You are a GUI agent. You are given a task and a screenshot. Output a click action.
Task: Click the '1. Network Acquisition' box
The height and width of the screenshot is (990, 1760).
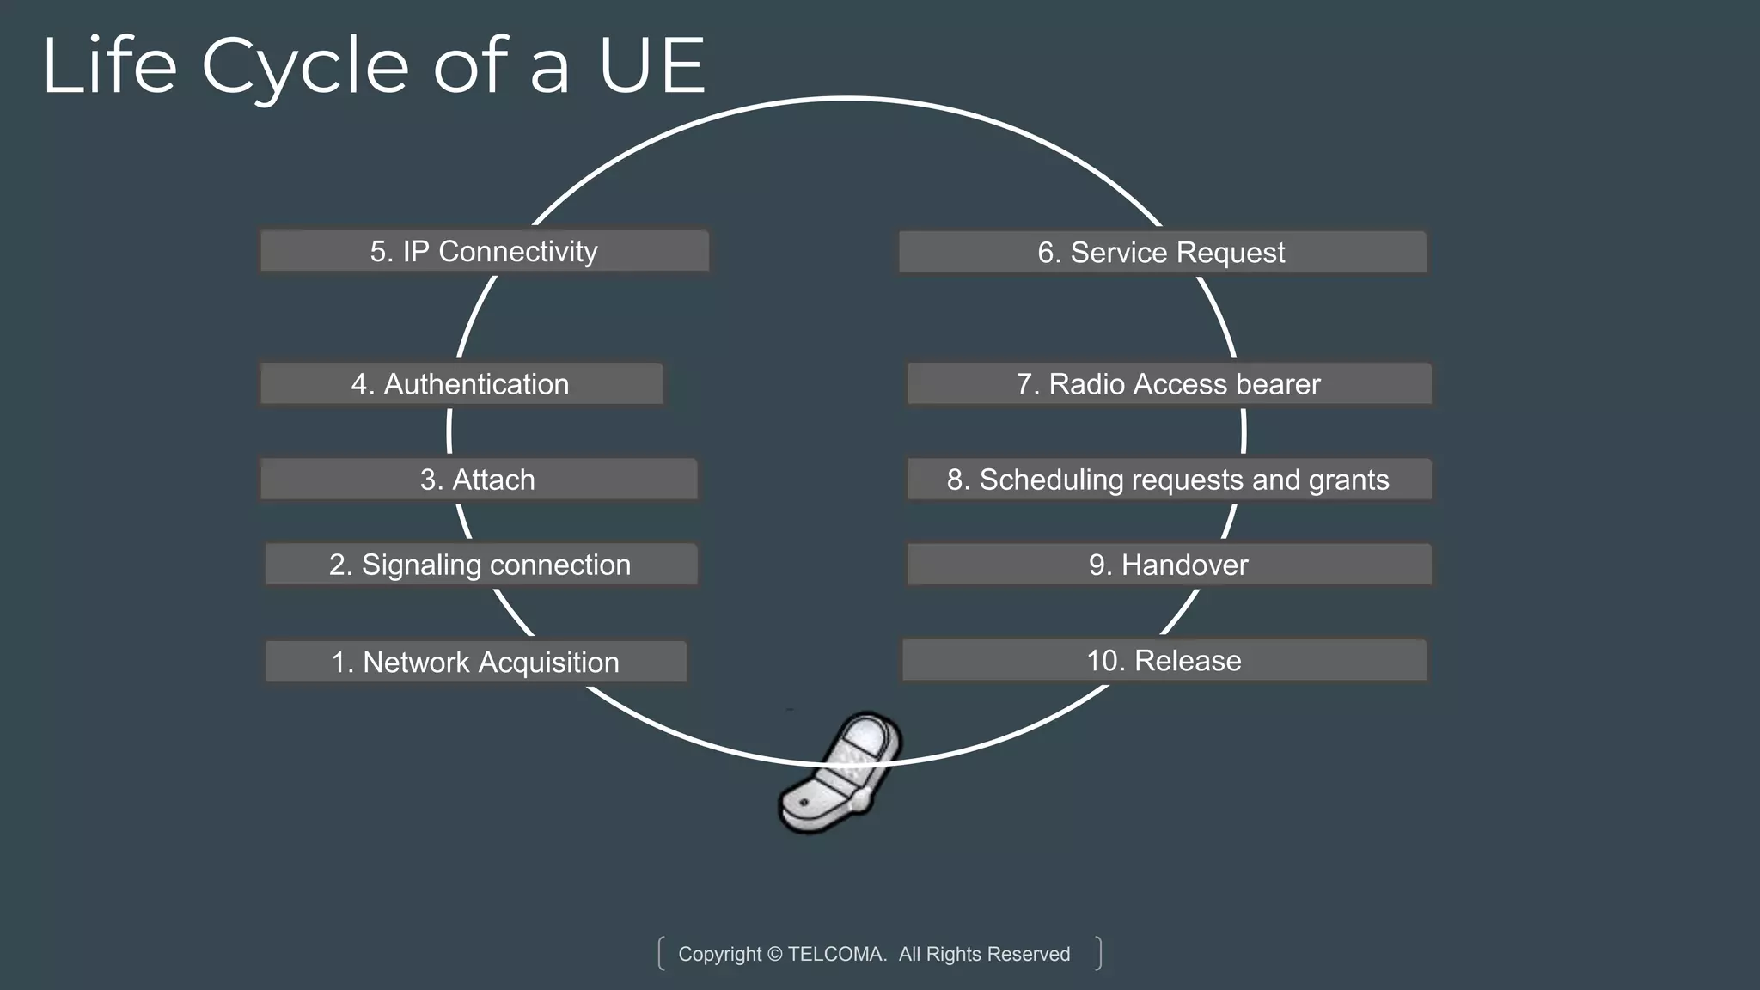[475, 662]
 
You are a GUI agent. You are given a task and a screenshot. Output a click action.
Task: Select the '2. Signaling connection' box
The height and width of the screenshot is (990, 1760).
[480, 565]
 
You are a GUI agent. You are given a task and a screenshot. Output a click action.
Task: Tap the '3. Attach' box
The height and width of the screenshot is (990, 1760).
[478, 480]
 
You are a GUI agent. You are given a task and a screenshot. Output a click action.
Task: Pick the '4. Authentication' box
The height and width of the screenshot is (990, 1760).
[461, 384]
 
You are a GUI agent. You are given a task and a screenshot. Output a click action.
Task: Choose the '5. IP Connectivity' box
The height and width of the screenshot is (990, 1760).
[484, 251]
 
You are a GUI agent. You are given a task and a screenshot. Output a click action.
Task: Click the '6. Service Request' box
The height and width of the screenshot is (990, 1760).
[1162, 253]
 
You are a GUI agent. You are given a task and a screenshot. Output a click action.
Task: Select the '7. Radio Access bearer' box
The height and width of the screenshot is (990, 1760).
[1169, 384]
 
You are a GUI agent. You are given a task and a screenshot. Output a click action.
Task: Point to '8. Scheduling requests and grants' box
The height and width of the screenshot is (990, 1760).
[1169, 480]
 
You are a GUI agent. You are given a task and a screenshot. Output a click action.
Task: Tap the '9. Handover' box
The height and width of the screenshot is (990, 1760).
[1169, 565]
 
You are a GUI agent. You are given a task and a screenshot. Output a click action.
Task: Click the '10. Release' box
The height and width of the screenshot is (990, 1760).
[1164, 660]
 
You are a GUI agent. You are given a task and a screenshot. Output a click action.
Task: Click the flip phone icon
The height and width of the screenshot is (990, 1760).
[840, 773]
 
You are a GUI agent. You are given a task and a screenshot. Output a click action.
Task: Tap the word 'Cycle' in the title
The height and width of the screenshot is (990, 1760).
[305, 67]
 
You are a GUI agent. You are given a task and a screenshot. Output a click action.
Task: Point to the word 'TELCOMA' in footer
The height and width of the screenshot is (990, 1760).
[836, 954]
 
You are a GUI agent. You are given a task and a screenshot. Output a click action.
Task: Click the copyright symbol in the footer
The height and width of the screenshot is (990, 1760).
[774, 954]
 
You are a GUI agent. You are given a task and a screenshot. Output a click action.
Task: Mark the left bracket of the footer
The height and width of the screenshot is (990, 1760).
[661, 953]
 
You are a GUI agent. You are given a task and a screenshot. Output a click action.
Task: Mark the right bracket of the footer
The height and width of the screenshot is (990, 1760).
[1098, 953]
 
